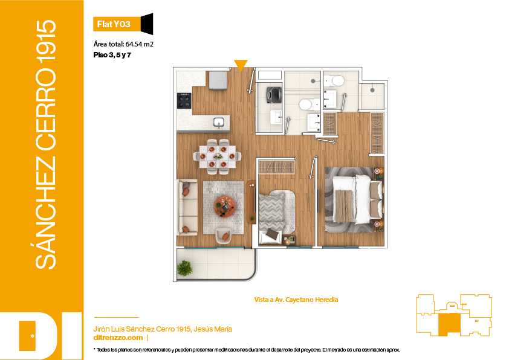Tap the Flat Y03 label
(114, 24)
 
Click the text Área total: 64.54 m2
(123, 44)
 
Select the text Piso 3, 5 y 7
(112, 55)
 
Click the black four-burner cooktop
(184, 100)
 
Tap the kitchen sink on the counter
(218, 123)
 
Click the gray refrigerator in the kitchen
(218, 80)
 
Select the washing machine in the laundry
(274, 94)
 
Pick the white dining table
(218, 156)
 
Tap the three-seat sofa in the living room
(187, 207)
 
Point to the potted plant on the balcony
(184, 268)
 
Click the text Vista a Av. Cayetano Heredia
(296, 300)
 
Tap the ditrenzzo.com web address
(118, 338)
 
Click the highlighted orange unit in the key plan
(449, 324)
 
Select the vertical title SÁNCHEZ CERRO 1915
(46, 144)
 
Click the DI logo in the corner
(41, 336)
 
